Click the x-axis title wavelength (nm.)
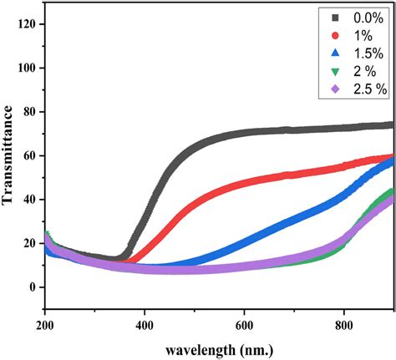(219, 348)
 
